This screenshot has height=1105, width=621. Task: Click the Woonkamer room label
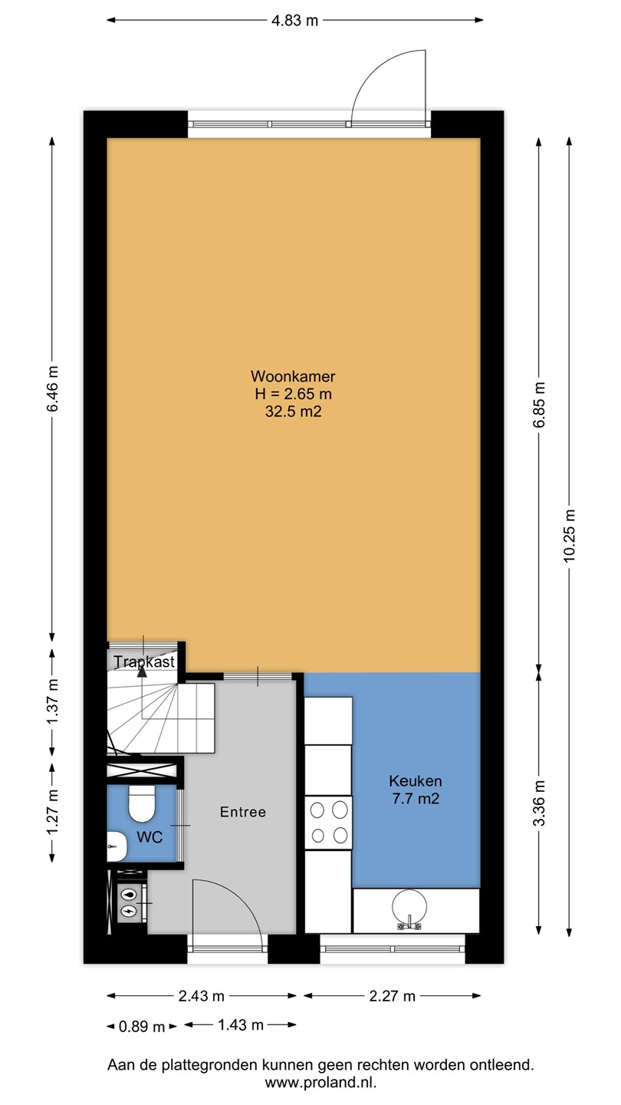tap(293, 376)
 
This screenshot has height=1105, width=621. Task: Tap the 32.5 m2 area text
tap(293, 411)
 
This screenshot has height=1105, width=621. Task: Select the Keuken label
tap(416, 781)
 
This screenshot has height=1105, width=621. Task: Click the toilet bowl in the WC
tap(142, 803)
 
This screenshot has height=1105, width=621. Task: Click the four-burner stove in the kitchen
tap(328, 823)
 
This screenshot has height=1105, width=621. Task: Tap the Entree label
tap(243, 812)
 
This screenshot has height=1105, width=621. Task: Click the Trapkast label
tap(144, 661)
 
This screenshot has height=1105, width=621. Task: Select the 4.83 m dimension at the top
tap(294, 20)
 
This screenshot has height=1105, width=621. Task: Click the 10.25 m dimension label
tap(569, 536)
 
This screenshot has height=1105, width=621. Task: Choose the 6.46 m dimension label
tap(53, 388)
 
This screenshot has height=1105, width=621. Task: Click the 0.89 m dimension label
tap(142, 1027)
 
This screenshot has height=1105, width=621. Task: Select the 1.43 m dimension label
tap(241, 1025)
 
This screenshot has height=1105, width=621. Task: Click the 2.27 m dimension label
tap(393, 996)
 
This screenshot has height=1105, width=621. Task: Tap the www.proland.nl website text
tap(320, 1083)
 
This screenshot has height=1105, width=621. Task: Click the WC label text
tap(149, 837)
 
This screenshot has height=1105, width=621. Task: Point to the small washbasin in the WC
tap(117, 846)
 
